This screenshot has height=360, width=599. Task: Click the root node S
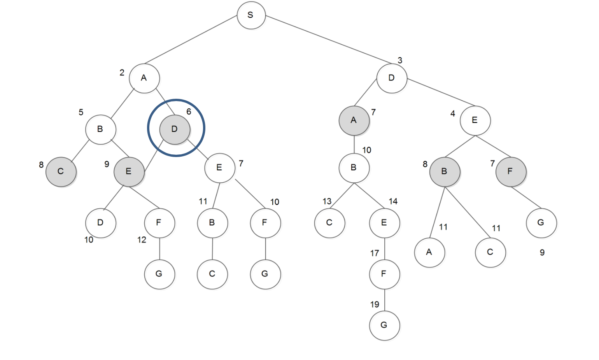pos(251,15)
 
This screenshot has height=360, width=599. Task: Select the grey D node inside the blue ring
pos(175,129)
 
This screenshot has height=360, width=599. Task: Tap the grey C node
pos(61,171)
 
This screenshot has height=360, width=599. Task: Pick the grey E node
pos(129,171)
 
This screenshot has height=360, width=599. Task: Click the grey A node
pos(354,120)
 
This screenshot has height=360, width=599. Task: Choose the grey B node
pos(444,171)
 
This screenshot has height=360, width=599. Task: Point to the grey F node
pos(510,171)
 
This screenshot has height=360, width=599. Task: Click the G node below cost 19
pos(384,325)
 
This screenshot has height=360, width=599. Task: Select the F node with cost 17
pos(384,274)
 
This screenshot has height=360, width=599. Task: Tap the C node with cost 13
pos(329,223)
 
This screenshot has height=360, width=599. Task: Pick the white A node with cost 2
pos(144,78)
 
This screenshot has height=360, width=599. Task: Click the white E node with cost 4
pos(475,120)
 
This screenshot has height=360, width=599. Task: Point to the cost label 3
pos(400,60)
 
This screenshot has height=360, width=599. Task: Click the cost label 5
pos(81,112)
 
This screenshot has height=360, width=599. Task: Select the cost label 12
pos(142,240)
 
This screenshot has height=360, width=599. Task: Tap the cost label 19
pos(375,304)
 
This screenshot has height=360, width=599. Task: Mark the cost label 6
pos(189,112)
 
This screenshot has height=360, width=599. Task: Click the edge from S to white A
pos(191,40)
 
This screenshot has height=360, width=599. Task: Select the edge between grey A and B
pos(354,144)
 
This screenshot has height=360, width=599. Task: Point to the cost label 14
pos(393,201)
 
